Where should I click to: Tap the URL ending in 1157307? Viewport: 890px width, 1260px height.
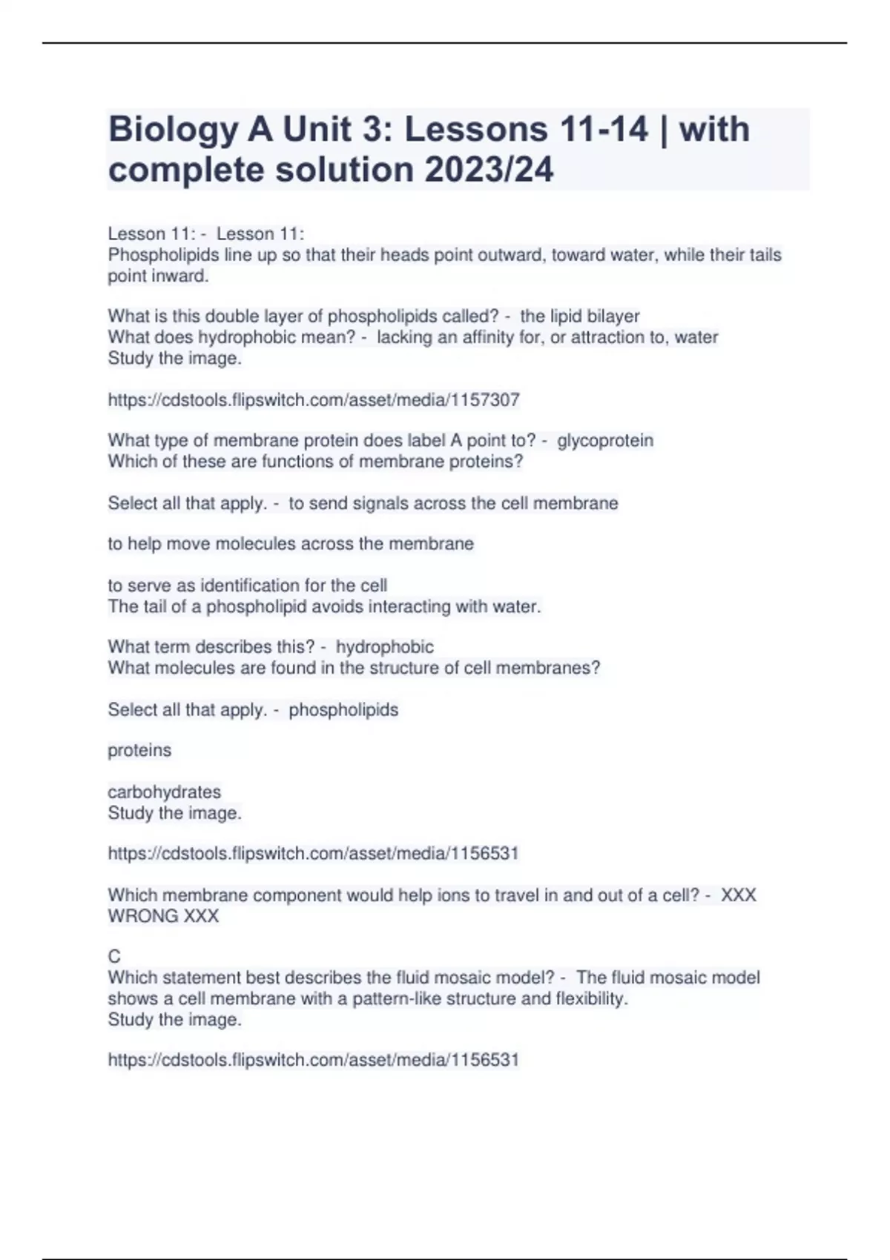coord(314,400)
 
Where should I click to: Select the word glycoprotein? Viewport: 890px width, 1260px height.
coord(605,440)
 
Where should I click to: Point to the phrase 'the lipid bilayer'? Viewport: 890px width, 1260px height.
coord(579,316)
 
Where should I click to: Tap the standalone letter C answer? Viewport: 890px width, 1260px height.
coord(114,957)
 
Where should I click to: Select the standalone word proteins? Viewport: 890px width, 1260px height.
coord(139,750)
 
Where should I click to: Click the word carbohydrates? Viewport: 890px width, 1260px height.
coord(164,792)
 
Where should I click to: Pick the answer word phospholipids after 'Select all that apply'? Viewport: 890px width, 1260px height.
coord(343,709)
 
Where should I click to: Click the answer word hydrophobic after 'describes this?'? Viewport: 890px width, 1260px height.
coord(384,647)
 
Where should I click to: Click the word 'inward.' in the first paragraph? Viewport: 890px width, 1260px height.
coord(182,276)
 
